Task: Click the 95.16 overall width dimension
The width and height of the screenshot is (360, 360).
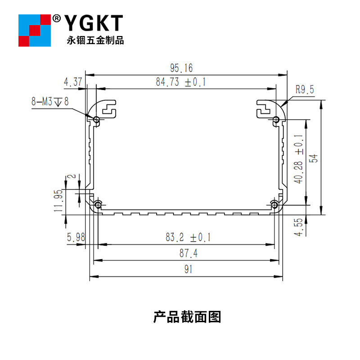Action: pyautogui.click(x=181, y=68)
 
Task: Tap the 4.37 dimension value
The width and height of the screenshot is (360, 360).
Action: pyautogui.click(x=73, y=82)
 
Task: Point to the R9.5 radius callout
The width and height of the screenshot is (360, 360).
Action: pyautogui.click(x=305, y=90)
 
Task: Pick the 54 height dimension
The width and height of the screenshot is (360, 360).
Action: pyautogui.click(x=315, y=157)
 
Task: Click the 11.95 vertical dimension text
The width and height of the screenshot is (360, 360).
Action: pyautogui.click(x=58, y=201)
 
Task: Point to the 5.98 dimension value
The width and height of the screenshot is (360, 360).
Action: pyautogui.click(x=75, y=237)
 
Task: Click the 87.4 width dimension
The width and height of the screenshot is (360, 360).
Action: pyautogui.click(x=188, y=254)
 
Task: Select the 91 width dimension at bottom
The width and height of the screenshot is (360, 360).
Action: pyautogui.click(x=188, y=270)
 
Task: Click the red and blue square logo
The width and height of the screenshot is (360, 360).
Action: pyautogui.click(x=34, y=30)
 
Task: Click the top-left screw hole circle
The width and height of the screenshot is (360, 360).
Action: pyautogui.click(x=97, y=119)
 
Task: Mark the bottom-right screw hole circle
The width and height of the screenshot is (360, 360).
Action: pyautogui.click(x=275, y=206)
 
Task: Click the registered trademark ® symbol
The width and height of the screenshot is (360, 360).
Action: pyautogui.click(x=57, y=18)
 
